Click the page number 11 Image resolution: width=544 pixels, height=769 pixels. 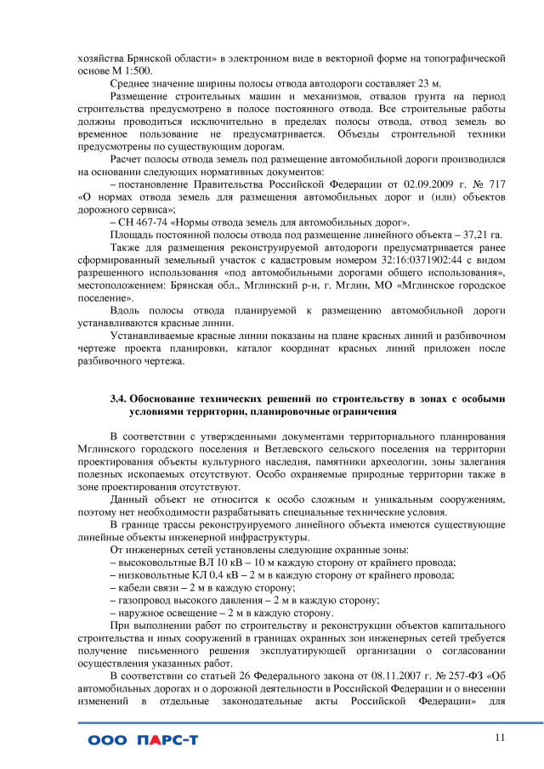point(500,737)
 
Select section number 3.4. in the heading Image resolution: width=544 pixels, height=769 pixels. point(122,398)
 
